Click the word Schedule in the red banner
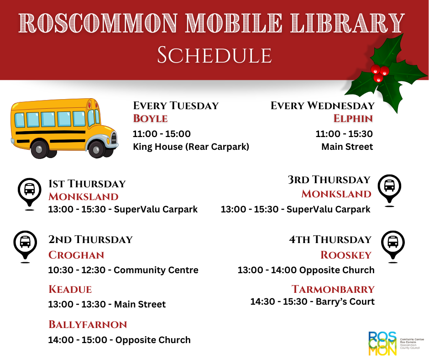click(214, 55)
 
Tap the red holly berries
click(379, 73)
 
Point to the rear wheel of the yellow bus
click(40, 149)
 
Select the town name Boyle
click(150, 119)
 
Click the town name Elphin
click(353, 119)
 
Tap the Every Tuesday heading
click(176, 106)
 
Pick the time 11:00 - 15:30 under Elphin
click(344, 134)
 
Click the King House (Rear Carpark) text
click(191, 147)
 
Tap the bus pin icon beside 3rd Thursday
click(389, 190)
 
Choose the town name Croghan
click(76, 255)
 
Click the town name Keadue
click(70, 289)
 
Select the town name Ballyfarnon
click(88, 325)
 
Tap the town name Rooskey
click(346, 255)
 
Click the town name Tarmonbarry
click(333, 289)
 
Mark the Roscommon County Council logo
click(396, 344)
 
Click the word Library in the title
click(347, 23)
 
